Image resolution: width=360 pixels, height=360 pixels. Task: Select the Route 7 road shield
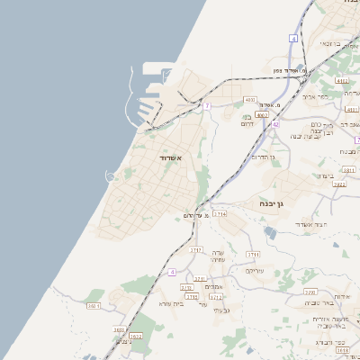206,106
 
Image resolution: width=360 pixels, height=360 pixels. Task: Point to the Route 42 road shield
276,123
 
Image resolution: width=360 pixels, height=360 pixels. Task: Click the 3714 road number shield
220,214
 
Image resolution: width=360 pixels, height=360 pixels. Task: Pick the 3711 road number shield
200,279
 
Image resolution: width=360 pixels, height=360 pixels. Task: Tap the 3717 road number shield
195,249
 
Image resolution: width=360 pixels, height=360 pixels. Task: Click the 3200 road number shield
310,292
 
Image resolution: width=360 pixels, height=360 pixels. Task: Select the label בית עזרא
171,303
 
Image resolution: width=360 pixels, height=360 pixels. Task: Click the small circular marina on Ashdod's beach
111,176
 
